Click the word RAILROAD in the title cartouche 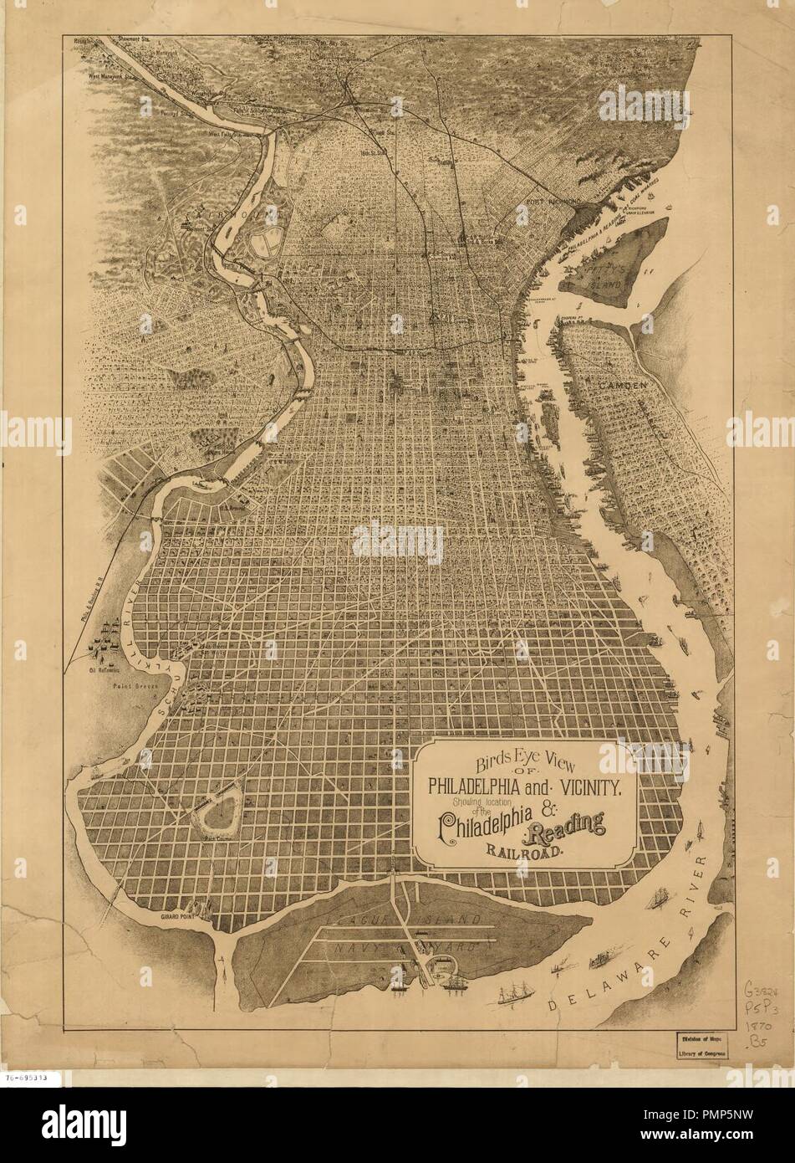522,853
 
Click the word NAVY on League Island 358,950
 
